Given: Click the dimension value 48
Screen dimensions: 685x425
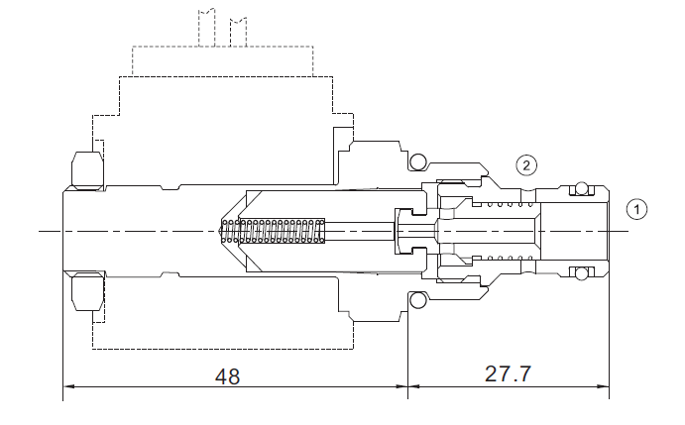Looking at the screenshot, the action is [227, 376].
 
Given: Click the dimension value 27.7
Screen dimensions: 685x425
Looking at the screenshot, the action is [508, 373].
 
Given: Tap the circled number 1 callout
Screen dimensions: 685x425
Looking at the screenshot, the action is [636, 209].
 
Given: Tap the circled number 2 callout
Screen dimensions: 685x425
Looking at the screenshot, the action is [526, 165].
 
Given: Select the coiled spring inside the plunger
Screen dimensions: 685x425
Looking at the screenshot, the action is [274, 231].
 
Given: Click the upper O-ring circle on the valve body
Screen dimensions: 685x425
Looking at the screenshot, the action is [417, 161].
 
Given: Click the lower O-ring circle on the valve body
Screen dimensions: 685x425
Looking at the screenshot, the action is [417, 300].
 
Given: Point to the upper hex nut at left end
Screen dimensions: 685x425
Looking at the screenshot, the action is [88, 170].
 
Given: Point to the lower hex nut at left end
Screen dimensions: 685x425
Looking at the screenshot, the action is [88, 291].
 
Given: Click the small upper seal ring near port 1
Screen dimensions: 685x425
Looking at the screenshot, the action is [581, 188].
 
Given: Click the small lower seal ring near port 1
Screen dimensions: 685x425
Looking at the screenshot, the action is [581, 273].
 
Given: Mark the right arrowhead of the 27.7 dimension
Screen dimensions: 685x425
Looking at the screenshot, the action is [604, 386].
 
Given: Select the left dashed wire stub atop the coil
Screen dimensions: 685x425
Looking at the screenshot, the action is [206, 27].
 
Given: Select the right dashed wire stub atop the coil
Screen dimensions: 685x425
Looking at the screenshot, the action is [238, 32].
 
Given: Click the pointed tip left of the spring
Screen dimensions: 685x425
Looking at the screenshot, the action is [219, 231].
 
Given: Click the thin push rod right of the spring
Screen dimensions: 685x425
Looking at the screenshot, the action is [360, 231].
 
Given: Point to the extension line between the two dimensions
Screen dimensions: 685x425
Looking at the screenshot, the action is [408, 355].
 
